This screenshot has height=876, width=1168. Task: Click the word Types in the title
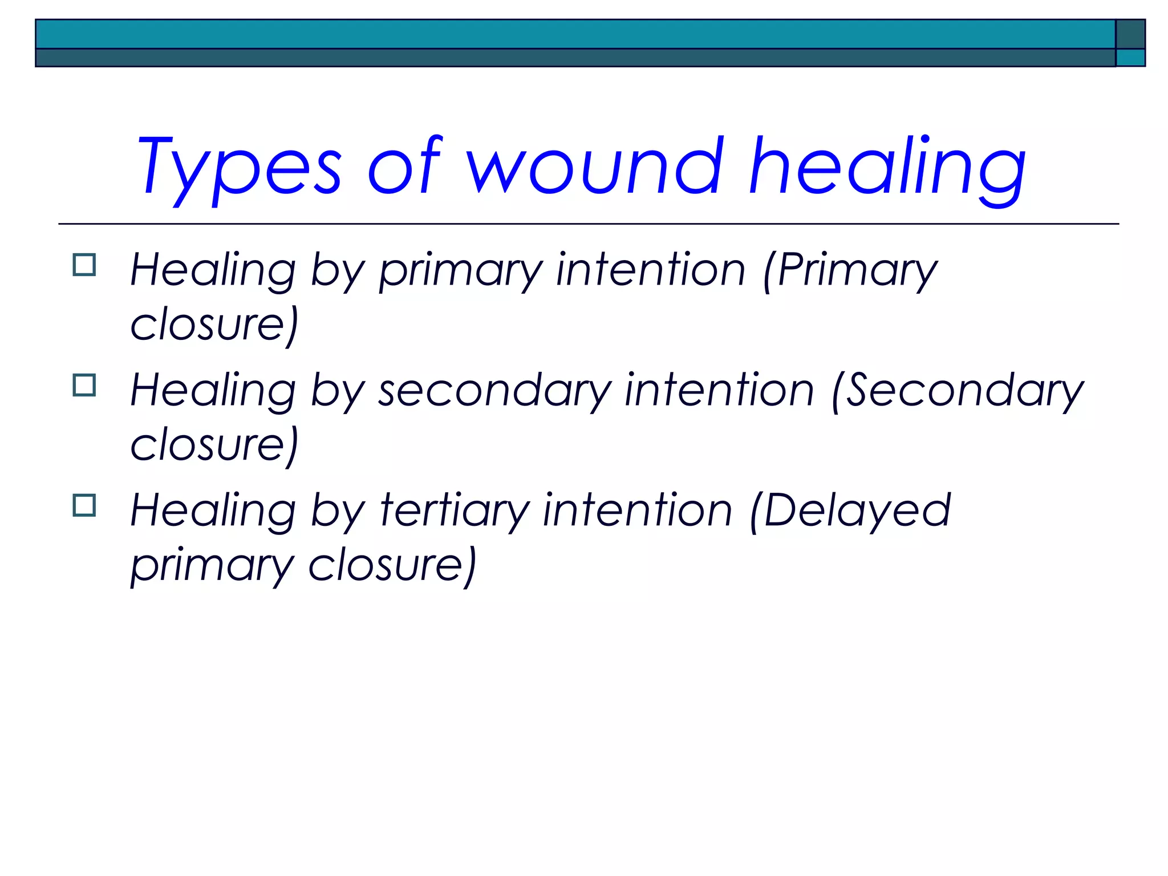(x=238, y=167)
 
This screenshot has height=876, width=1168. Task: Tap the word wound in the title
(x=595, y=167)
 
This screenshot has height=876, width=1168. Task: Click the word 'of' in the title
(x=404, y=167)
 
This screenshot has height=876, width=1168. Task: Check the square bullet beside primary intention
(x=84, y=265)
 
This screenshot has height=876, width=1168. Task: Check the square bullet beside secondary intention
(x=84, y=386)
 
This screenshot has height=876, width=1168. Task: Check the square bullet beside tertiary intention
(x=84, y=505)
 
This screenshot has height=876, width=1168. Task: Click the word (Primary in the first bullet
(x=850, y=271)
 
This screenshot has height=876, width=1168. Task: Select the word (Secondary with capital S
(x=958, y=391)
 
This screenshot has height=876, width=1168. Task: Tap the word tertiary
(x=455, y=511)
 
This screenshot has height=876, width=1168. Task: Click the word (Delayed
(x=850, y=511)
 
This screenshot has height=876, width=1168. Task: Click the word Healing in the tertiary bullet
(x=213, y=511)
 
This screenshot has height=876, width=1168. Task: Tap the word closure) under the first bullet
(x=214, y=325)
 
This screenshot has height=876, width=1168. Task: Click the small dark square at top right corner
(x=1130, y=34)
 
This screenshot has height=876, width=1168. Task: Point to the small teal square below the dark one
(x=1130, y=58)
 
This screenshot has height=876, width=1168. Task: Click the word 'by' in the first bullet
(x=336, y=271)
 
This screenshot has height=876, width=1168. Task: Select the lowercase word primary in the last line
(x=212, y=566)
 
